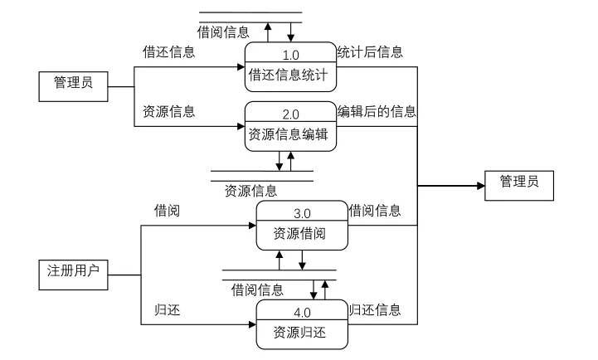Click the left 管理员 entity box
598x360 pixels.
[73, 86]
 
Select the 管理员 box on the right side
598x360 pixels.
[519, 186]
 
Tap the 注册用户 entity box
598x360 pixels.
[73, 275]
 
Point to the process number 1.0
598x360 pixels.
[290, 56]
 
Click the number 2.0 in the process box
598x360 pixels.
[290, 114]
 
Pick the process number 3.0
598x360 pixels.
[302, 213]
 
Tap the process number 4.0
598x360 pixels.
[302, 313]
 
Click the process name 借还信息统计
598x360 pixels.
[289, 75]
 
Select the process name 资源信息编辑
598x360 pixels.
[289, 134]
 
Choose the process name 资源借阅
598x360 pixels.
[299, 233]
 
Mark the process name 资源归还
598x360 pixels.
[299, 333]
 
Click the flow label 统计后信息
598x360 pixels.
[370, 52]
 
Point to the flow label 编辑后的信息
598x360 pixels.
[377, 111]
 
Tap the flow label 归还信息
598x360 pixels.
[375, 309]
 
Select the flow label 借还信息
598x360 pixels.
[169, 52]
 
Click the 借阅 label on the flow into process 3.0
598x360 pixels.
[167, 211]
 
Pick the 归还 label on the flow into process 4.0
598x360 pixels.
[167, 309]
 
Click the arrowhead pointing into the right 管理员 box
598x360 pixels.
[481, 186]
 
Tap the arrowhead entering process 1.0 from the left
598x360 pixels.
[241, 67]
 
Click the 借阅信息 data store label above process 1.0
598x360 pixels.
[223, 32]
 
